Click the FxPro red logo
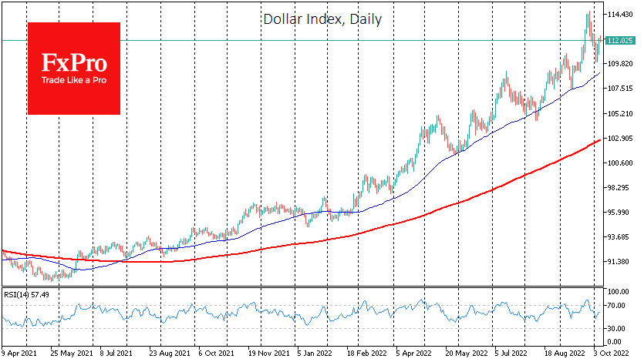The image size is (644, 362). click(x=74, y=68)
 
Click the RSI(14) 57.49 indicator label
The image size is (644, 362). click(x=27, y=295)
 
